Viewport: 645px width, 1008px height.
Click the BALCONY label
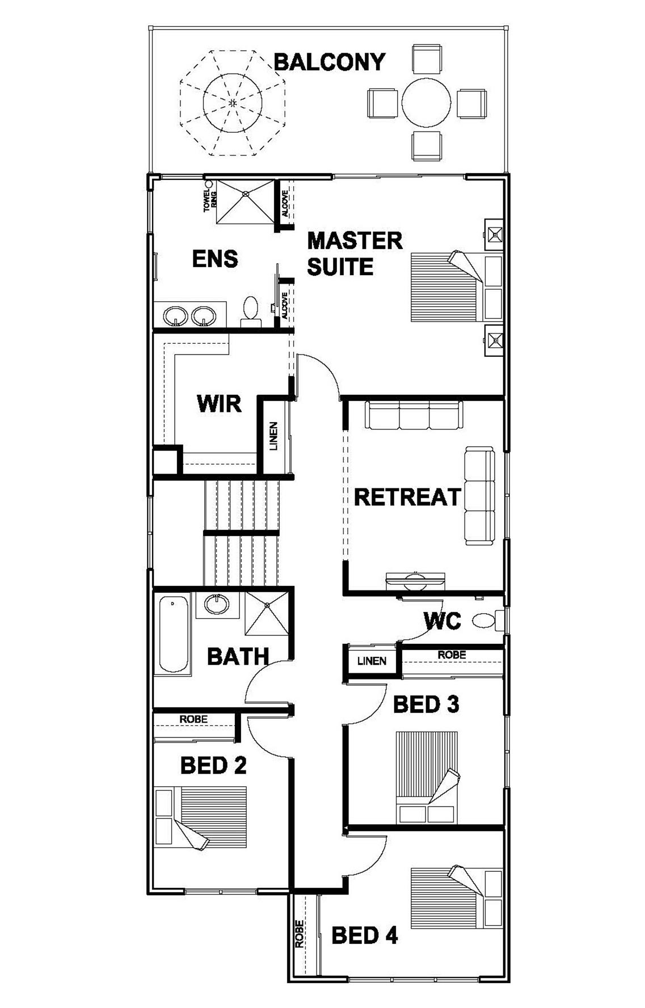[x=330, y=62]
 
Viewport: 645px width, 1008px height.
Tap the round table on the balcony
[x=426, y=103]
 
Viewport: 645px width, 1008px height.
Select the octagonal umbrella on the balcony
[x=233, y=103]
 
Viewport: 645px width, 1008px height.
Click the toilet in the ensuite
[x=250, y=311]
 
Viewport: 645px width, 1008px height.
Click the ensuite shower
[x=245, y=202]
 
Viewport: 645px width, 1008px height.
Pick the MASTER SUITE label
[x=355, y=253]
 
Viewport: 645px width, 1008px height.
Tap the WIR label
[x=219, y=404]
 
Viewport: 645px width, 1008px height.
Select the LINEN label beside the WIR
[x=273, y=436]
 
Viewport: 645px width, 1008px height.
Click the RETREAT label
[x=407, y=497]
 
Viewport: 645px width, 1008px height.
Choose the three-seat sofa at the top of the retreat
[x=414, y=415]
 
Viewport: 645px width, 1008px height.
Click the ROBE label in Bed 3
[x=452, y=655]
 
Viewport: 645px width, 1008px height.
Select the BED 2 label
[x=213, y=766]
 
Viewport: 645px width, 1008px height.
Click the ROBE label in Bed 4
[x=299, y=934]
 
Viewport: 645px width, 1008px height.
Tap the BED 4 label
[x=365, y=935]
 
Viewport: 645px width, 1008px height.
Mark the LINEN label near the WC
[x=372, y=661]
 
